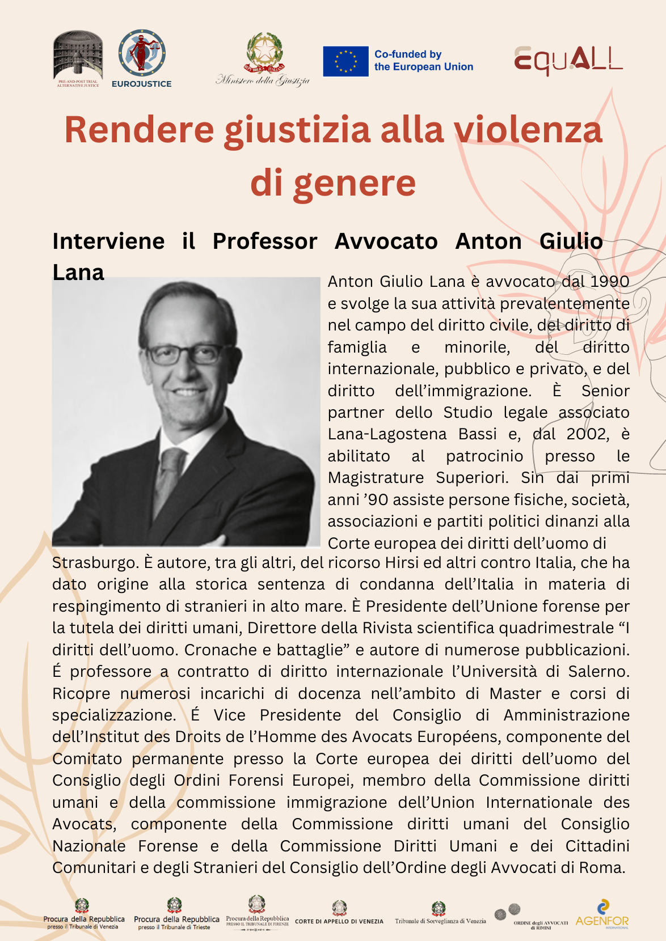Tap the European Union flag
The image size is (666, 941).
click(345, 61)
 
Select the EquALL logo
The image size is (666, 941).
click(568, 61)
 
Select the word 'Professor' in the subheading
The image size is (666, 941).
click(265, 241)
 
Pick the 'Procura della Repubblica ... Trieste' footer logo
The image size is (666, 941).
click(176, 914)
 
